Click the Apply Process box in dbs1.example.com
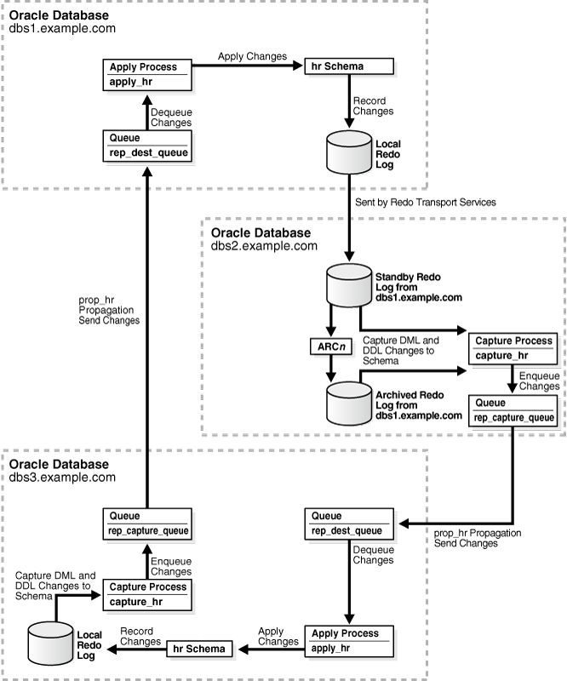tap(147, 74)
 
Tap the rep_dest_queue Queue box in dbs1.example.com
tap(147, 145)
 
